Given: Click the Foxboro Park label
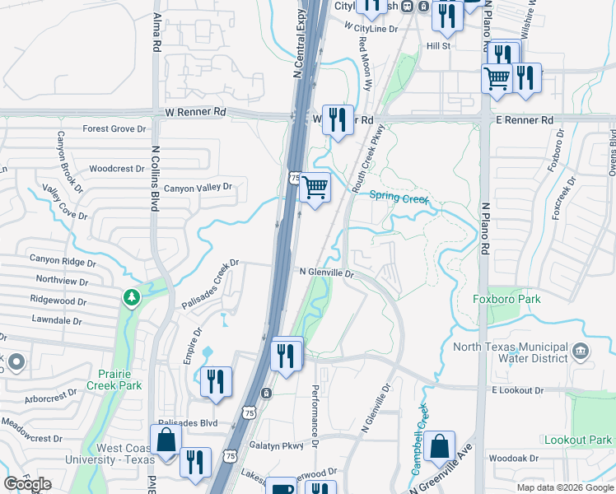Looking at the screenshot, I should point(507,299).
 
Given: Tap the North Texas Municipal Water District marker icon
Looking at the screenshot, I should point(581,352).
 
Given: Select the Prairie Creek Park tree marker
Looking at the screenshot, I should point(129,296).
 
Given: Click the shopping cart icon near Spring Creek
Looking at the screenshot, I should point(315,188).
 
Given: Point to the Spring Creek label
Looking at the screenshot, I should point(399,197).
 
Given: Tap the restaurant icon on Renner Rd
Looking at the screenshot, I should point(337,119).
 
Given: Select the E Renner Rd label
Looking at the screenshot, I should point(524,120).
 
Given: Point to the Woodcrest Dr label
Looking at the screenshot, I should point(116,169).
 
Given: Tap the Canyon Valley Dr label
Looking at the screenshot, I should point(198,189).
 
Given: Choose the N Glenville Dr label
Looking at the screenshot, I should point(326,273).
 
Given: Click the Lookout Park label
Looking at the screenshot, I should point(578,440).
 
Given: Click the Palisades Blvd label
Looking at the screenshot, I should point(192,423).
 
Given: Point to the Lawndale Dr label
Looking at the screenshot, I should point(59,319).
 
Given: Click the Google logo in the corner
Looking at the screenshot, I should point(27,484).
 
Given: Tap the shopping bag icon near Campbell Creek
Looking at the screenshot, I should point(441,447).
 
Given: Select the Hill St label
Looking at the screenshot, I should point(438,46).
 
